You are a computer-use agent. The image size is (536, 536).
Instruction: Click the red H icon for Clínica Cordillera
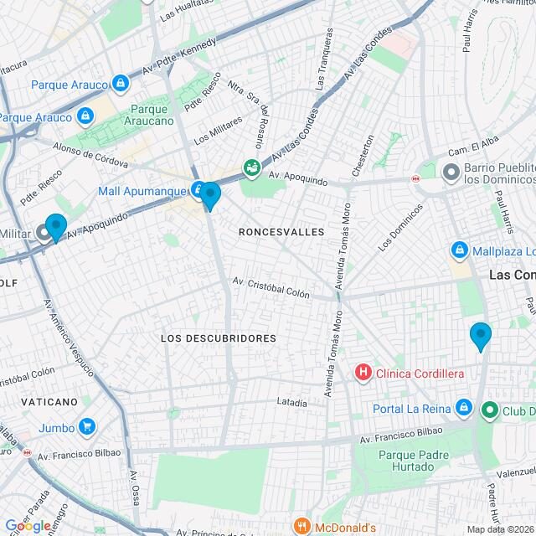point(363,372)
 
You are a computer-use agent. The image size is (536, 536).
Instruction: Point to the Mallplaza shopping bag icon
point(459,250)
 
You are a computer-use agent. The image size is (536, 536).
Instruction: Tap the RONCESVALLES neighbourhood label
point(281,232)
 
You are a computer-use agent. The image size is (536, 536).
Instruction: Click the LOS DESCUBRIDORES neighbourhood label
point(218,338)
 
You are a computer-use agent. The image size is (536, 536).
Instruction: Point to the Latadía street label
point(291,403)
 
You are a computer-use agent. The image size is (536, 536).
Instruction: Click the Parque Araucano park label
point(152,115)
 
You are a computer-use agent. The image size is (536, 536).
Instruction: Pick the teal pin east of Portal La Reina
point(480,336)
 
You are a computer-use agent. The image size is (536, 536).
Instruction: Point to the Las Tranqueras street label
point(324,59)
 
